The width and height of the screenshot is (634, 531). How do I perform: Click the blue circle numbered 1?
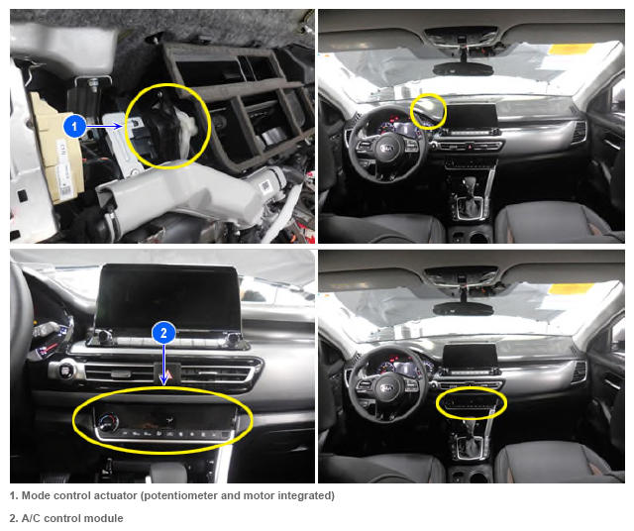coord(74,126)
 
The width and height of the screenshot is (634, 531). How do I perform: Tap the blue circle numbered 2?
coord(163,333)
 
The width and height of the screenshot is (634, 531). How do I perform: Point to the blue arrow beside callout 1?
coord(104,126)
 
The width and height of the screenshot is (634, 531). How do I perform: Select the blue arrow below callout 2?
coord(163,365)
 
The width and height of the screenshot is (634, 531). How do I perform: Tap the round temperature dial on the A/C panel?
coord(108,422)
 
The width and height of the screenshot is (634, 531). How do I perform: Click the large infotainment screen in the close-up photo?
coord(167,298)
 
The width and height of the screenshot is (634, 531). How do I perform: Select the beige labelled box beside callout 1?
coord(56,150)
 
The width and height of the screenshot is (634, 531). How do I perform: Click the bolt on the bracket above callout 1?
coord(93,84)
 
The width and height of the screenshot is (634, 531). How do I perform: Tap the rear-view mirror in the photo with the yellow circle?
coord(464,68)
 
